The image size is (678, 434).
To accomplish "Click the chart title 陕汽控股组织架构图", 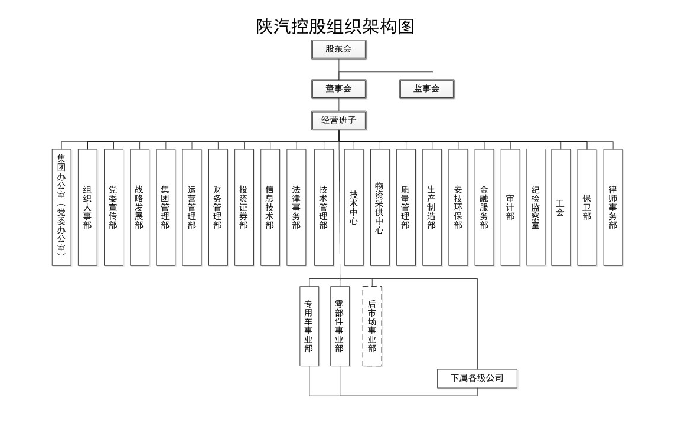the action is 335,27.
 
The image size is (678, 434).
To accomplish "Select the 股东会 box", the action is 339,49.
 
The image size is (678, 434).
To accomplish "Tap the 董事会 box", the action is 339,89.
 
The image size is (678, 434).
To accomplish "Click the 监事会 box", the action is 427,89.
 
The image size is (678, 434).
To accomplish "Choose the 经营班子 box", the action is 339,120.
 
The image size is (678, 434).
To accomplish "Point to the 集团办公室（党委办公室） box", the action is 61,208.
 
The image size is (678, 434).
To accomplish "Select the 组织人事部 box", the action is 87,208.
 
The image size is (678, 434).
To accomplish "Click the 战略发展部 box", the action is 139,208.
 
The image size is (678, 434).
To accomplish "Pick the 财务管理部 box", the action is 218,208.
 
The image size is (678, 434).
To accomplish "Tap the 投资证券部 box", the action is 244,208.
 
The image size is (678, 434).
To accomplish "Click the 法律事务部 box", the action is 296,208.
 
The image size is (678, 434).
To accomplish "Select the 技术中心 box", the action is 354,208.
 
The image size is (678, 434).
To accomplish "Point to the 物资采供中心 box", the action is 380,208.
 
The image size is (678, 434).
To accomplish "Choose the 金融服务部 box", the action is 484,208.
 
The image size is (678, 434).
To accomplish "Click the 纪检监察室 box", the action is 535,207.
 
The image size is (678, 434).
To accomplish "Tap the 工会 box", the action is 561,208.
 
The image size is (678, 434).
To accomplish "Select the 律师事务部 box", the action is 613,208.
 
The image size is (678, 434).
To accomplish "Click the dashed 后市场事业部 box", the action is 372,326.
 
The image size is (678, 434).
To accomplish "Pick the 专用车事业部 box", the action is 309,326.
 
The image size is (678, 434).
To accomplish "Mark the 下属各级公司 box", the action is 477,379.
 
